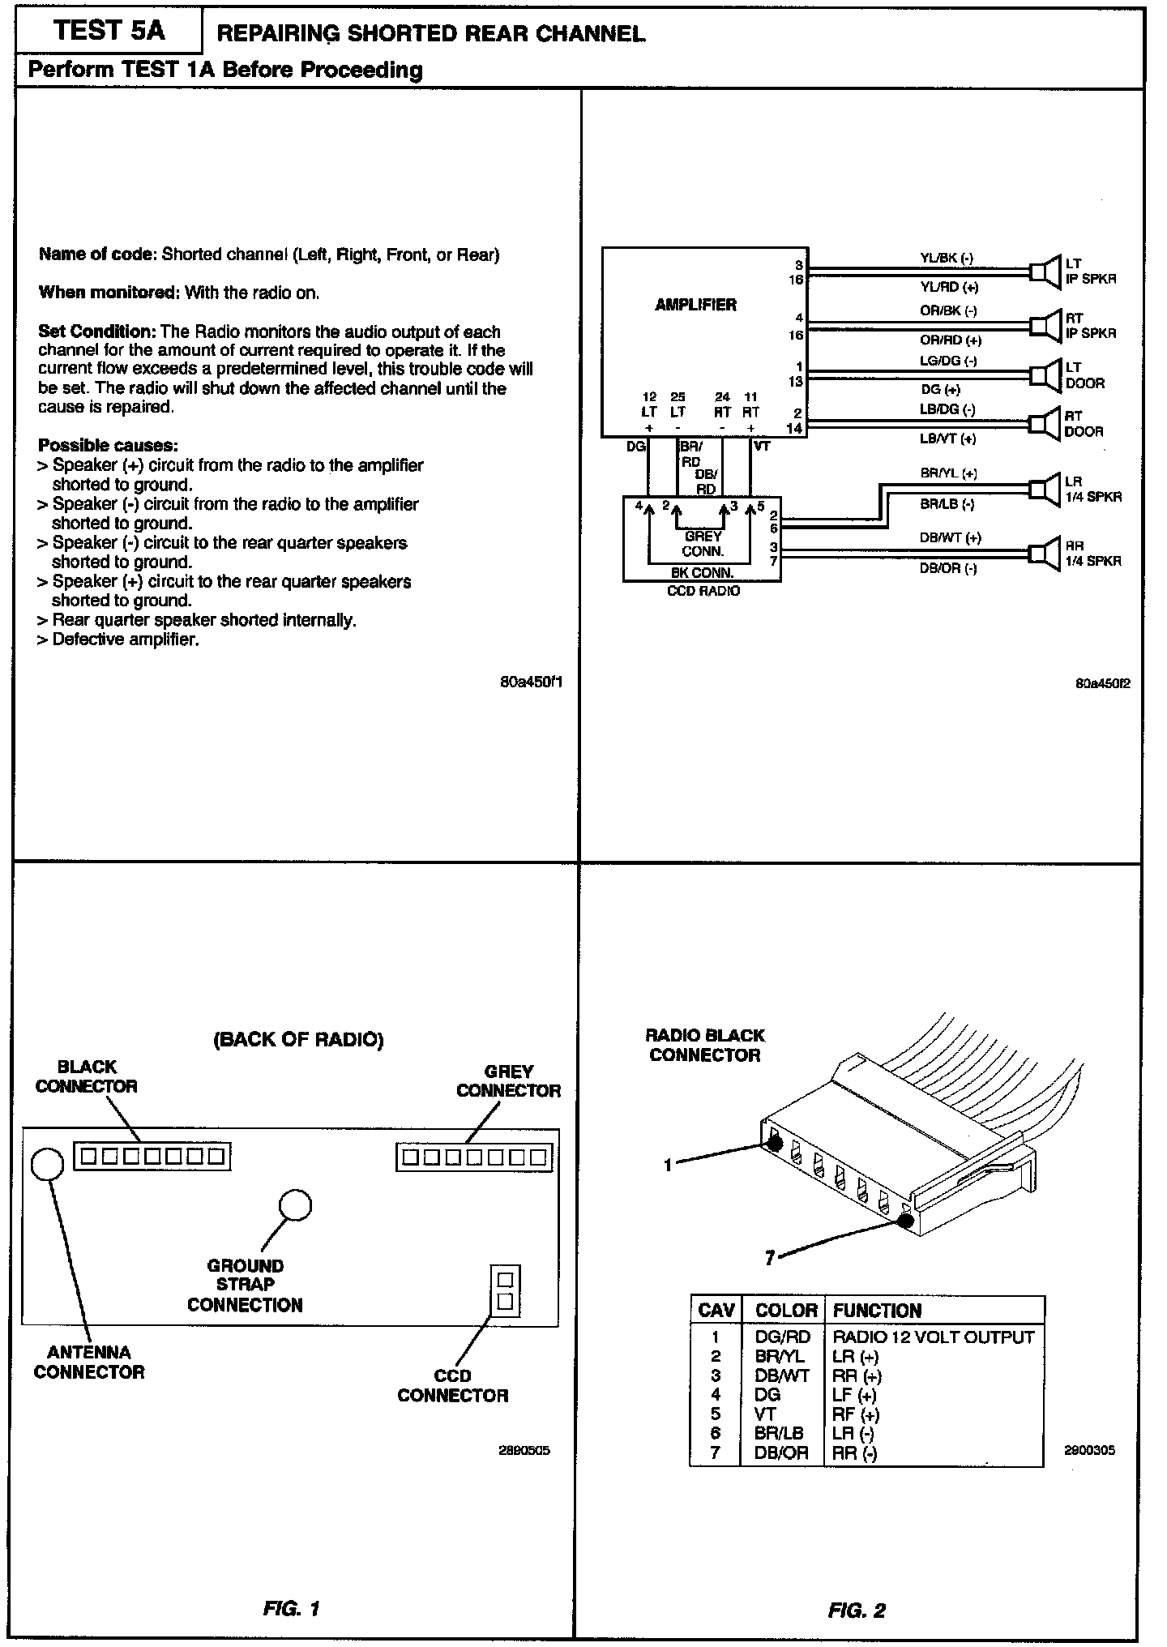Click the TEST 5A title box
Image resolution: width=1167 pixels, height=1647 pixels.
pyautogui.click(x=108, y=31)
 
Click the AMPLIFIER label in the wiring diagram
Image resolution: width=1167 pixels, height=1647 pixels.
pyautogui.click(x=695, y=305)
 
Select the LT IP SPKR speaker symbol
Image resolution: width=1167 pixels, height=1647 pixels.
pyautogui.click(x=1045, y=271)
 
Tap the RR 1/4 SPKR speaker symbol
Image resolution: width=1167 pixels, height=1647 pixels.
pyautogui.click(x=1045, y=552)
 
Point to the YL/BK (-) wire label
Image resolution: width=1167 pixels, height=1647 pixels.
pyautogui.click(x=946, y=259)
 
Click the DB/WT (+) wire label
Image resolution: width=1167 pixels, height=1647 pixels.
pyautogui.click(x=950, y=537)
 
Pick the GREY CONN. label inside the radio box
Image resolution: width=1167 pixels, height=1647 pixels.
pyautogui.click(x=703, y=543)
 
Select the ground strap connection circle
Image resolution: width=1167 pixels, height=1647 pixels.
pyautogui.click(x=295, y=1204)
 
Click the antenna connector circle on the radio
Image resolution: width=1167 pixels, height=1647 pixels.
pyautogui.click(x=47, y=1164)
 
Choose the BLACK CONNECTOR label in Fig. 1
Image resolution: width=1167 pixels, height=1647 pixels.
pyautogui.click(x=86, y=1076)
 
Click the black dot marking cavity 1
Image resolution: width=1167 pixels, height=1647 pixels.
pyautogui.click(x=774, y=1143)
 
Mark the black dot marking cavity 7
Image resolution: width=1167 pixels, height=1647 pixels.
pyautogui.click(x=906, y=1220)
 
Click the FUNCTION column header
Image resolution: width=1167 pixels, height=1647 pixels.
pyautogui.click(x=877, y=1311)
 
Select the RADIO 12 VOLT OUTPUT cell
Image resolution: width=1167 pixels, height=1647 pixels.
pyautogui.click(x=933, y=1337)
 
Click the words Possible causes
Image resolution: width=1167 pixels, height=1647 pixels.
pyautogui.click(x=109, y=445)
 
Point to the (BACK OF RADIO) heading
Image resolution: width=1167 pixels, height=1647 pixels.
pyautogui.click(x=297, y=1039)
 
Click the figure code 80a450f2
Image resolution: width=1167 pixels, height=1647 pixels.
pyautogui.click(x=1102, y=682)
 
